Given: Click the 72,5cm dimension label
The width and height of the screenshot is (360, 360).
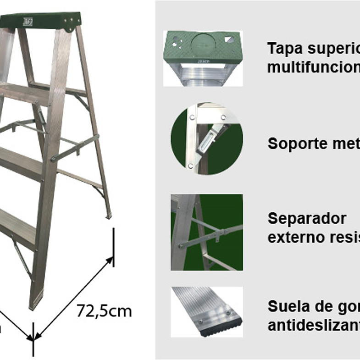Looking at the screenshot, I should [x=104, y=311].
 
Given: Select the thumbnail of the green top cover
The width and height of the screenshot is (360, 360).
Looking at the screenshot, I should [x=203, y=58].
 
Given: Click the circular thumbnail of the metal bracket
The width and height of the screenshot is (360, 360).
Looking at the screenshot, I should [x=206, y=138].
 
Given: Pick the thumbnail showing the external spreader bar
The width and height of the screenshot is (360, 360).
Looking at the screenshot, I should [x=207, y=232].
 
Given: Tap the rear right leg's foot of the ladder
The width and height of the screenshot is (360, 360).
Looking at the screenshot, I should [x=108, y=215].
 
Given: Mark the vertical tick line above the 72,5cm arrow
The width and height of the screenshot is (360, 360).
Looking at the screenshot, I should [x=113, y=248].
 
